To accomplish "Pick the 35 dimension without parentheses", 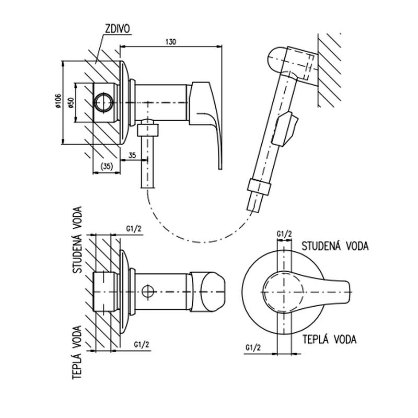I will coord(131,155).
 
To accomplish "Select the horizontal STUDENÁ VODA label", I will coord(335,245).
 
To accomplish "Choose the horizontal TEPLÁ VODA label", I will coord(329,340).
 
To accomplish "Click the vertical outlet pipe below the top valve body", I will coord(148,157).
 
